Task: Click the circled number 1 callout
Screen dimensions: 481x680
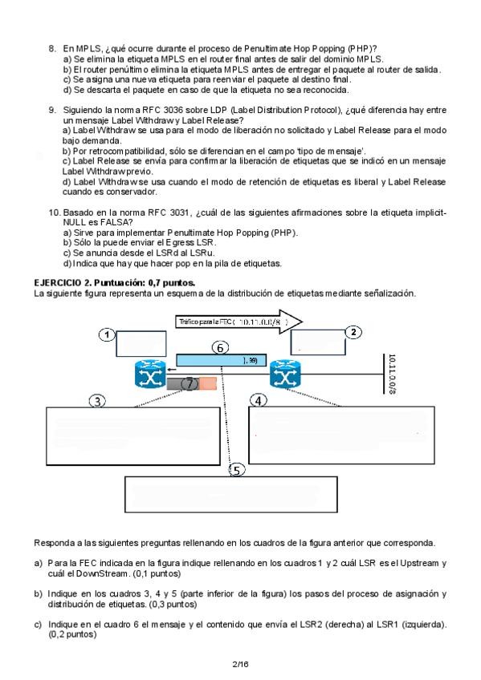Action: coord(107,335)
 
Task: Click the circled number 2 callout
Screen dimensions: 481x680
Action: coord(353,332)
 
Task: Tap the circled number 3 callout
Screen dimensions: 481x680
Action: coord(97,401)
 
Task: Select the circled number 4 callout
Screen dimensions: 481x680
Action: coord(259,401)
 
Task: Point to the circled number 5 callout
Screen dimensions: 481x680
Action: coord(237,470)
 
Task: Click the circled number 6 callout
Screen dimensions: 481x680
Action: coord(220,348)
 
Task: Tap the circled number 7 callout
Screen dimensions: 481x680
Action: coord(189,383)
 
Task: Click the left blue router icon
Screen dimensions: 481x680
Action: coord(150,374)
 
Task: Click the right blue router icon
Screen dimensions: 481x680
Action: coord(285,374)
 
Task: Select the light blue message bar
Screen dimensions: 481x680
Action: coord(221,360)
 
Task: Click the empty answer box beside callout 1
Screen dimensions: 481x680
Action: coord(141,343)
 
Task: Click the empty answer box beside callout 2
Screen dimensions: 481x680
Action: coord(318,342)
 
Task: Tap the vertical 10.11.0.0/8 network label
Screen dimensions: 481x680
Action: coord(392,374)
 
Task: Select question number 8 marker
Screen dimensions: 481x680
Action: coord(52,49)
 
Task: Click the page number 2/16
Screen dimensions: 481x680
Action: coord(241,664)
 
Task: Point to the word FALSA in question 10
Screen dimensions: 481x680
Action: coord(113,222)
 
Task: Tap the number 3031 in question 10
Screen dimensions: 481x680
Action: coord(178,212)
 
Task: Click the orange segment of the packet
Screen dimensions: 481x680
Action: coord(208,383)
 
